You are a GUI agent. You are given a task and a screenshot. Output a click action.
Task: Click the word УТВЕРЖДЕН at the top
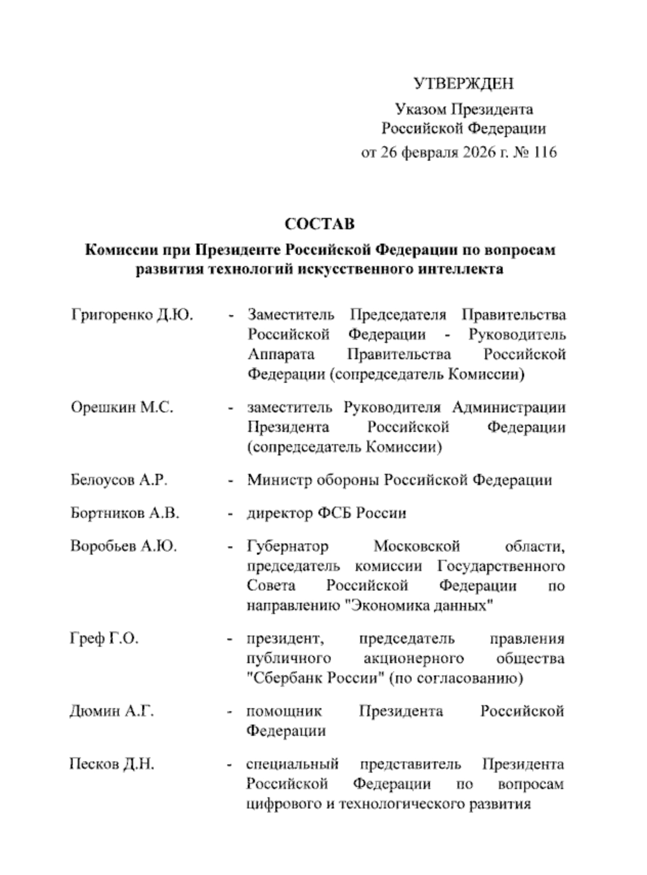(x=463, y=83)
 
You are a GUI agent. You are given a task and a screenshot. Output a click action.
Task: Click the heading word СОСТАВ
(x=319, y=224)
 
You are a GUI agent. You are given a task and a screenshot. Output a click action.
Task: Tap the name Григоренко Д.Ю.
(x=132, y=315)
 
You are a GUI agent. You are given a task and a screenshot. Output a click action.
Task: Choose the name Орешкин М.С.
(x=122, y=408)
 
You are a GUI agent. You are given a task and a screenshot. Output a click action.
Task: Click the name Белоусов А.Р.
(x=119, y=480)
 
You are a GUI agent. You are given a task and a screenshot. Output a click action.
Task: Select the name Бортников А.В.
(x=125, y=513)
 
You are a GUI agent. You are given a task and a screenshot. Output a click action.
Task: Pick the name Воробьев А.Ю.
(x=123, y=546)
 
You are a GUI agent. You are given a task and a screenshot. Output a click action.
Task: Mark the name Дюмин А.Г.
(x=112, y=711)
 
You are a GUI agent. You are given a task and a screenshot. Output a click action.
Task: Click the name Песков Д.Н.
(x=112, y=764)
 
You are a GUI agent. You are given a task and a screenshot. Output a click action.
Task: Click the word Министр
(x=279, y=480)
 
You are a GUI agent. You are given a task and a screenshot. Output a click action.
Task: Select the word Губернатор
(x=288, y=546)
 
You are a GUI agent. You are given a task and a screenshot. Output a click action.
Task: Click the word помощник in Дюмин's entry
(x=284, y=711)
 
